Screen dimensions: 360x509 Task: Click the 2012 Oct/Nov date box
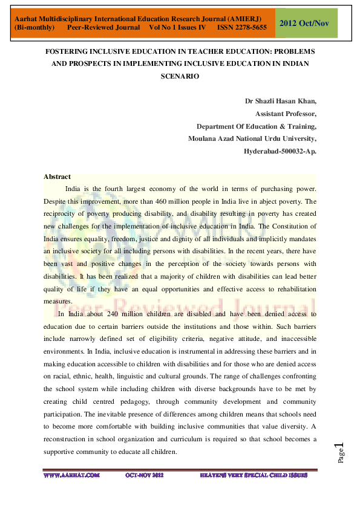[306, 23]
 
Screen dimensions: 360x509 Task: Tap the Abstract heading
[57, 177]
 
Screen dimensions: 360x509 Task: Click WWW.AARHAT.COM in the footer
[71, 476]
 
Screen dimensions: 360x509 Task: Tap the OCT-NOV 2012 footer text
[145, 476]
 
